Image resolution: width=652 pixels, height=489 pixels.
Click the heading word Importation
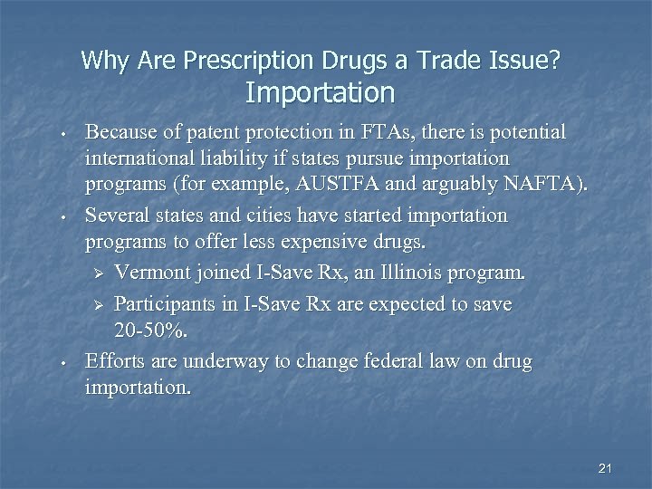click(320, 92)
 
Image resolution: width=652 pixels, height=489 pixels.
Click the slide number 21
click(606, 468)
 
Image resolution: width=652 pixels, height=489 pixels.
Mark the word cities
click(321, 216)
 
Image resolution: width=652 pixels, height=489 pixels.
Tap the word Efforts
click(113, 361)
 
